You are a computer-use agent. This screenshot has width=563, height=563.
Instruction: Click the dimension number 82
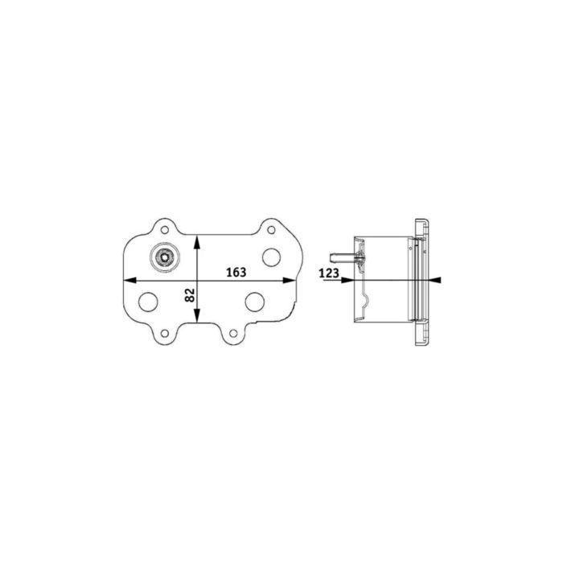(191, 295)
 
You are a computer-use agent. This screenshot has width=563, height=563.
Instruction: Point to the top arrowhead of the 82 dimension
(199, 240)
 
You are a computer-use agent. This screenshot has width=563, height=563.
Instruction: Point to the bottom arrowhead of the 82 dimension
(199, 319)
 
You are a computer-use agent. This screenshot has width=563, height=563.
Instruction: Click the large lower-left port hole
(149, 302)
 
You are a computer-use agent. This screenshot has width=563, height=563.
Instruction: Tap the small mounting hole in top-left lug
(164, 228)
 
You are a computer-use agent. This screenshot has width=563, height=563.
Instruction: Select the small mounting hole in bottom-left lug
(164, 332)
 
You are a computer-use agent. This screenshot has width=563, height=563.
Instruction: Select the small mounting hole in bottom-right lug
(231, 333)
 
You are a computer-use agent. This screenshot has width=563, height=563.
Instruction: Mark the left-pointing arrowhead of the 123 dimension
(437, 280)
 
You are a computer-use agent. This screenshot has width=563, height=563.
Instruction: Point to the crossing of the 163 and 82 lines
(199, 280)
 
